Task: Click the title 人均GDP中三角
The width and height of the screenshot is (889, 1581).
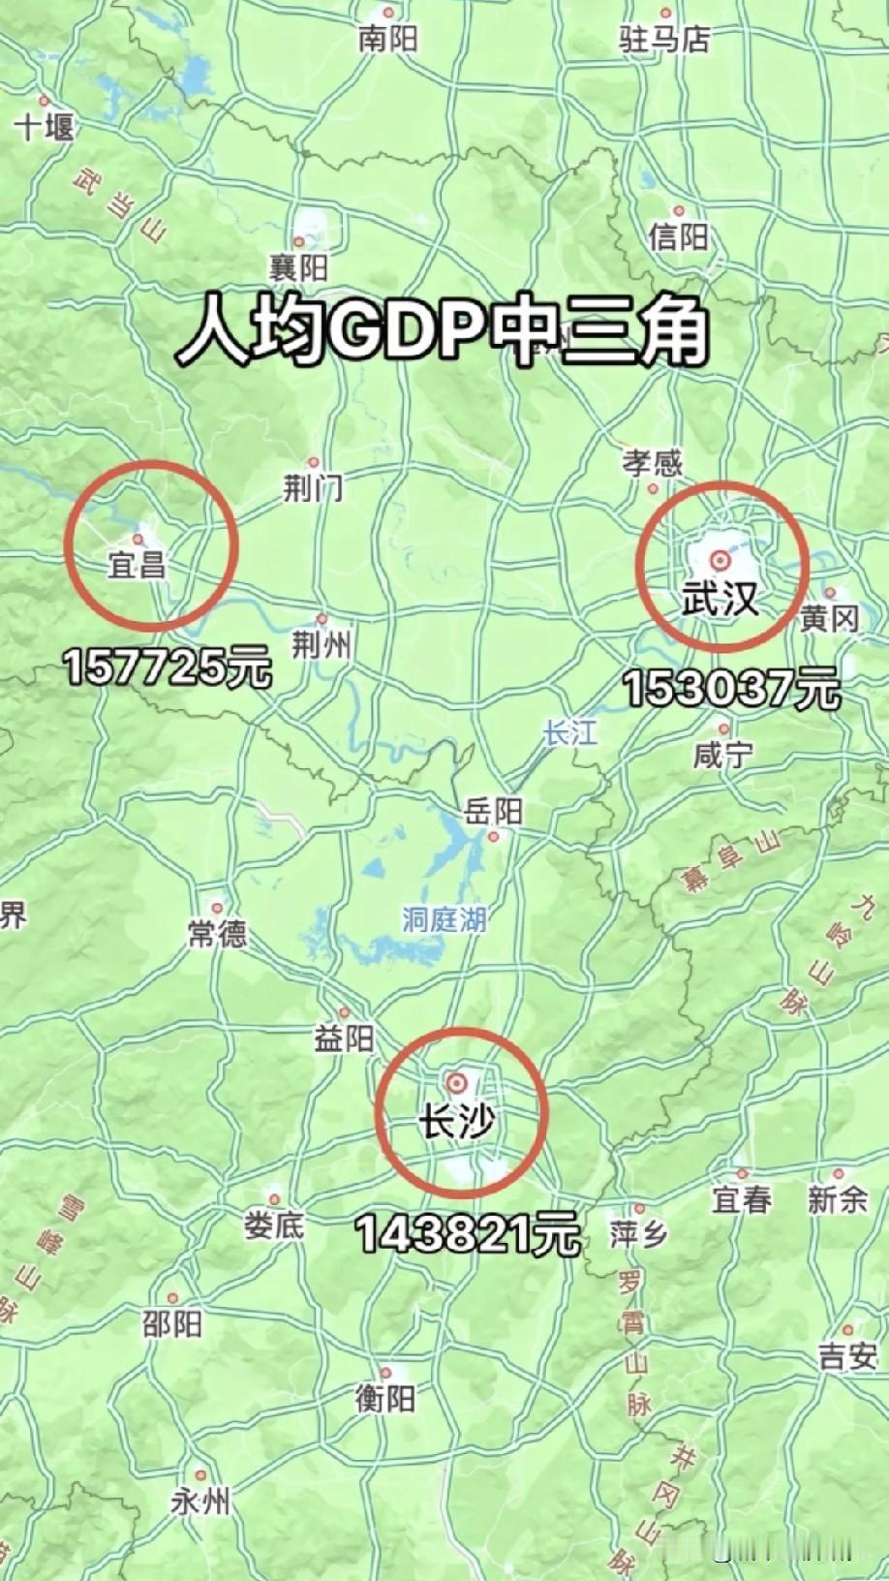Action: (x=443, y=332)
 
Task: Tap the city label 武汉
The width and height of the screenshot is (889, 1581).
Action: (x=719, y=599)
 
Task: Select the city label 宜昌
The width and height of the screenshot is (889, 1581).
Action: (x=137, y=564)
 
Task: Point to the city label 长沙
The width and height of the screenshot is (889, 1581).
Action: (x=455, y=1122)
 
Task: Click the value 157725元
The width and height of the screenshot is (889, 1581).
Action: (x=168, y=667)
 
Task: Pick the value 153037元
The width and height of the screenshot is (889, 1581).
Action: (x=731, y=690)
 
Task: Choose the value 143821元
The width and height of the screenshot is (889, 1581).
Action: (x=467, y=1234)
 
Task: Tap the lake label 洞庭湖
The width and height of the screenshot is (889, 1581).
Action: (x=444, y=918)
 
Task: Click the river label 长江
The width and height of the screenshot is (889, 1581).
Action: (x=569, y=732)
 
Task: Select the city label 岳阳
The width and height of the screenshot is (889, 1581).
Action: (x=493, y=811)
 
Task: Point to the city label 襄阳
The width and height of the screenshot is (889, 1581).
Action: (x=298, y=266)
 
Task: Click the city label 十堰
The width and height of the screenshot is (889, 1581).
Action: (x=44, y=126)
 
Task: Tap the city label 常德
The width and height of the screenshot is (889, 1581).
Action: (x=217, y=933)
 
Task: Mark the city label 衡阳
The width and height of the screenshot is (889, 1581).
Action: (x=384, y=1397)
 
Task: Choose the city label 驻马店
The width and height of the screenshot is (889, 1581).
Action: (x=664, y=39)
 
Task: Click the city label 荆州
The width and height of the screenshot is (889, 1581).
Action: (x=322, y=644)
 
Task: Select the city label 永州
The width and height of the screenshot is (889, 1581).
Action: (x=200, y=1502)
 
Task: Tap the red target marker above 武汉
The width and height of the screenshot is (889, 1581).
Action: (x=719, y=559)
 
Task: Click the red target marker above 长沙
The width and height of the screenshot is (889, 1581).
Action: (x=455, y=1082)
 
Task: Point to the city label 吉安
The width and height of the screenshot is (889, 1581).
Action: (x=847, y=1356)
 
